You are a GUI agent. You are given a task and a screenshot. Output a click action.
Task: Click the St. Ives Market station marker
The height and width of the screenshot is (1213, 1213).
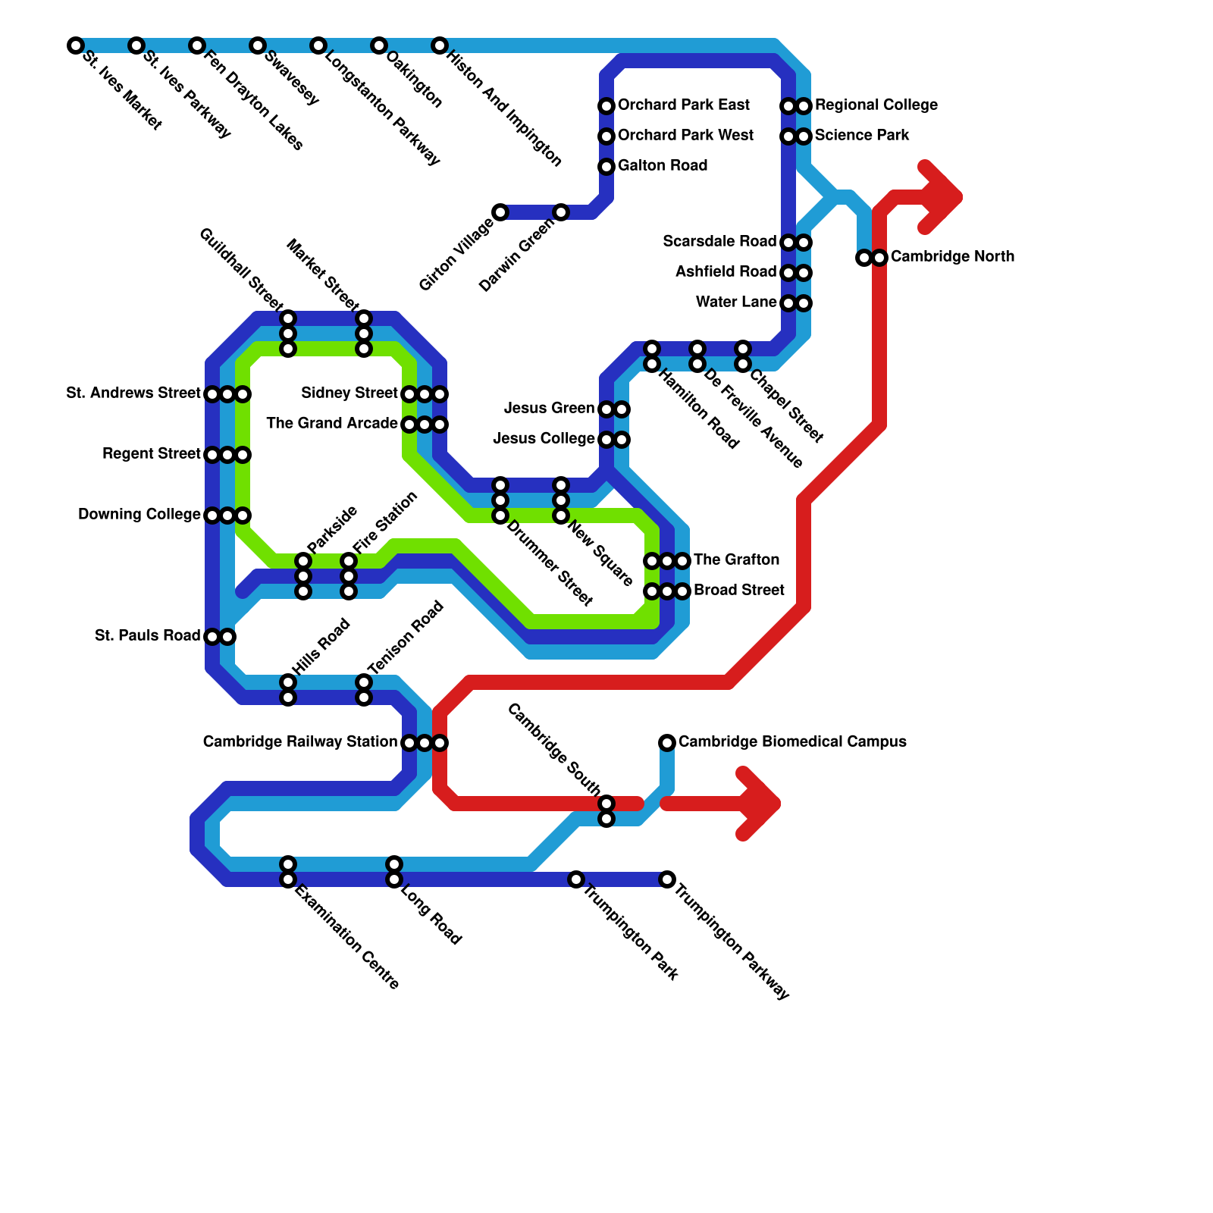[x=75, y=45]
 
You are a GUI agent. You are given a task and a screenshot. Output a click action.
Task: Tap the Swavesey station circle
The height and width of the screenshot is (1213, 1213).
[x=258, y=45]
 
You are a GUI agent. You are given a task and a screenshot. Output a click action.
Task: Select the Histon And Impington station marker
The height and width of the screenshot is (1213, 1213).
[x=440, y=45]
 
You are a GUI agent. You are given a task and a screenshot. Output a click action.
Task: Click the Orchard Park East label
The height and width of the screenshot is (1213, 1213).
[x=683, y=105]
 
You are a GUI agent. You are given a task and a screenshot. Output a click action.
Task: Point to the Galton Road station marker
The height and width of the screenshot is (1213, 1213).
[x=606, y=167]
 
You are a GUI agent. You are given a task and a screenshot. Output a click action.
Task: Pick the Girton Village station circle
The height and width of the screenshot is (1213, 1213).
[x=500, y=212]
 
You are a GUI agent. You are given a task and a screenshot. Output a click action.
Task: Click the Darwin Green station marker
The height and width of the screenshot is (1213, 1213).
[x=561, y=212]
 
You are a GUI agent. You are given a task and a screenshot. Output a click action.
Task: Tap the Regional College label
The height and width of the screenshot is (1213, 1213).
[x=876, y=105]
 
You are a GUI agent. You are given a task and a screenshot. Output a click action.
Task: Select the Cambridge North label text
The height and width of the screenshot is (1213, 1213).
[x=952, y=256]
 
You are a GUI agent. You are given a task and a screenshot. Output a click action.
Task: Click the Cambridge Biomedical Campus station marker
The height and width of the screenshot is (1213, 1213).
[x=667, y=742]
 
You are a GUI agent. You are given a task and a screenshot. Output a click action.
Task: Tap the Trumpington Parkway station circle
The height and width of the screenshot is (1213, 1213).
[x=667, y=879]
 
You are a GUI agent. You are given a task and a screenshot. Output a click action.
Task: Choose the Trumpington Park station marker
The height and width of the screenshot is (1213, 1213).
[x=577, y=879]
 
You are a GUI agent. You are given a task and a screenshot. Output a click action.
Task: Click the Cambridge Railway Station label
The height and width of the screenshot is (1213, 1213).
[x=299, y=741]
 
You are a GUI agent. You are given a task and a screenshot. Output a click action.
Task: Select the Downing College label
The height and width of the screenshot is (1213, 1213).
[x=139, y=515]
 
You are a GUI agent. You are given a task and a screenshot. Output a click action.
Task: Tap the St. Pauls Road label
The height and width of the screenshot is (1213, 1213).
[x=147, y=635]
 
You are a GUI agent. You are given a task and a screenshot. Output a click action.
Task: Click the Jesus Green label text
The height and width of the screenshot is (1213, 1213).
[x=549, y=409]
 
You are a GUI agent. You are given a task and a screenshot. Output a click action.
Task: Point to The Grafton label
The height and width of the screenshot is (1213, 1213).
[x=736, y=559]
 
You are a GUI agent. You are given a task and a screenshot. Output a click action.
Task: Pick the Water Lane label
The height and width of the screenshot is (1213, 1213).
[x=736, y=302]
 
